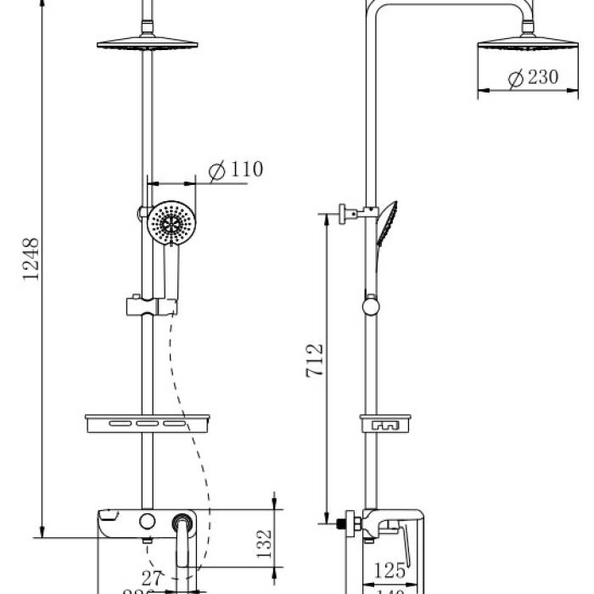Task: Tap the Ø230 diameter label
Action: pos(532,77)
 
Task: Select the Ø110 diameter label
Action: pos(235,170)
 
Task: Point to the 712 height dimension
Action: pos(314,361)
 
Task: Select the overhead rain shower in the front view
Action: pos(151,44)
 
